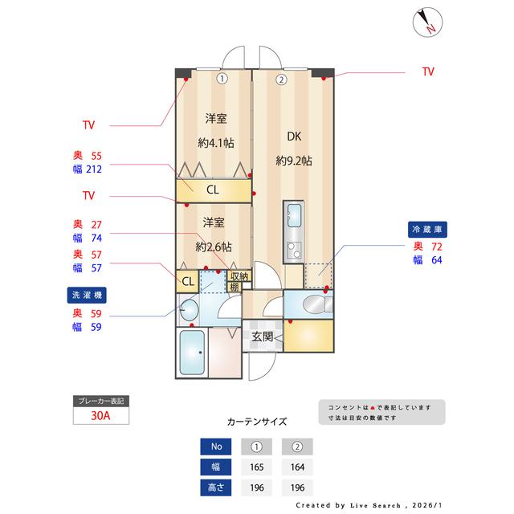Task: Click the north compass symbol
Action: point(426,22)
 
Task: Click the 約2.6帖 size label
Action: point(214,246)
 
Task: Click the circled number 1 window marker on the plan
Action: point(222,79)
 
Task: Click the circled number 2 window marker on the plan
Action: point(281,79)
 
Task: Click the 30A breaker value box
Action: point(100,415)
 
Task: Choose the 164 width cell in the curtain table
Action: point(297,467)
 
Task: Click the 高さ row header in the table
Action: point(214,487)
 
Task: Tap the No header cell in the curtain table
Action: point(214,447)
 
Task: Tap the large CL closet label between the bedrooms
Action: point(212,190)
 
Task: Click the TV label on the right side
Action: point(428,71)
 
